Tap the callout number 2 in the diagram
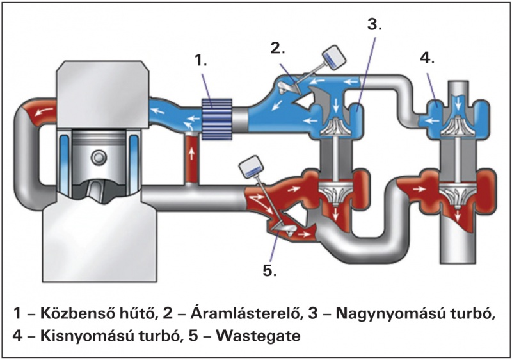point(276,48)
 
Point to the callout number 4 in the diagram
point(427,57)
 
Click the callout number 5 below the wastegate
point(269,270)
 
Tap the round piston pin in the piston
point(97,157)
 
